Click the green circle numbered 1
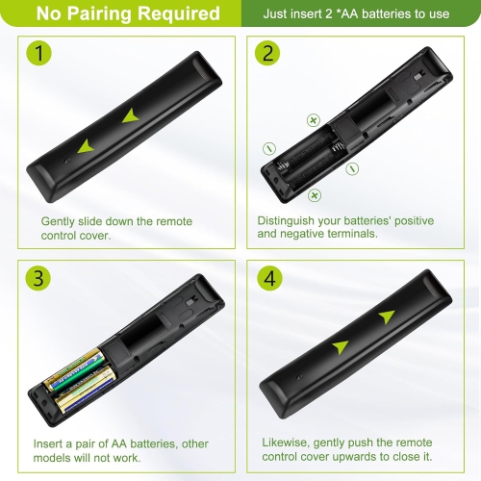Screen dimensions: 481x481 pyautogui.click(x=38, y=53)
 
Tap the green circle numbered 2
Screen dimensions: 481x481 pyautogui.click(x=267, y=53)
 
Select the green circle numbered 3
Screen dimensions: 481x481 pyautogui.click(x=38, y=277)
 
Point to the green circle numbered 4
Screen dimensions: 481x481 pyautogui.click(x=269, y=278)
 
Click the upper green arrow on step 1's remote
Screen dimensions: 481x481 pyautogui.click(x=132, y=116)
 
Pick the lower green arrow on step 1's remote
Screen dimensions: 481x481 pyautogui.click(x=86, y=146)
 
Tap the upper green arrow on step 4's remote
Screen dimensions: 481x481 pyautogui.click(x=388, y=316)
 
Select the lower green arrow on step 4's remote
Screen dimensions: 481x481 pyautogui.click(x=341, y=347)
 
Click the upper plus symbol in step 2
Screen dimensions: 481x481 pyautogui.click(x=314, y=120)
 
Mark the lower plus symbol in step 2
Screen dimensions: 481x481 pyautogui.click(x=315, y=195)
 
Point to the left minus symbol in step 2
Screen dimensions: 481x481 pyautogui.click(x=269, y=148)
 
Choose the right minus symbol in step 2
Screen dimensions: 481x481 pyautogui.click(x=352, y=168)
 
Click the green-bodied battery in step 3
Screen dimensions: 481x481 pyautogui.click(x=75, y=371)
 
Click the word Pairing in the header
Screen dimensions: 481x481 pyautogui.click(x=99, y=13)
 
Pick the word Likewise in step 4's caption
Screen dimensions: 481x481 pyautogui.click(x=286, y=443)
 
